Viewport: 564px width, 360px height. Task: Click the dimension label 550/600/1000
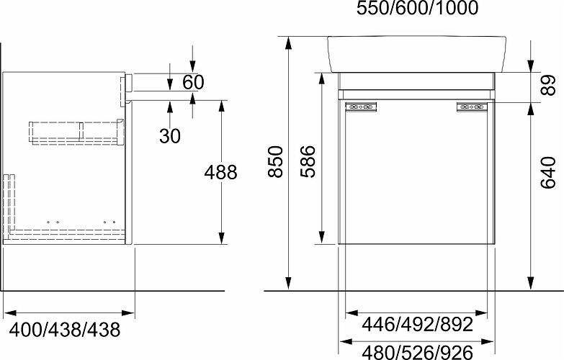(417, 9)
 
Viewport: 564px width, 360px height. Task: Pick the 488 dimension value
(220, 173)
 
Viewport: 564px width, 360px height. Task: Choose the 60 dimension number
(193, 81)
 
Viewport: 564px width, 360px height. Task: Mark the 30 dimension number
(170, 136)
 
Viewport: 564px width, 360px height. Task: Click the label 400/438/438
(61, 330)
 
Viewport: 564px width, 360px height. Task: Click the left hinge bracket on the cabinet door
(361, 108)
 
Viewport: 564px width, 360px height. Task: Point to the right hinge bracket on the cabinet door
(472, 108)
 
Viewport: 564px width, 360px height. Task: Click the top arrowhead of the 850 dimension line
(288, 42)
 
